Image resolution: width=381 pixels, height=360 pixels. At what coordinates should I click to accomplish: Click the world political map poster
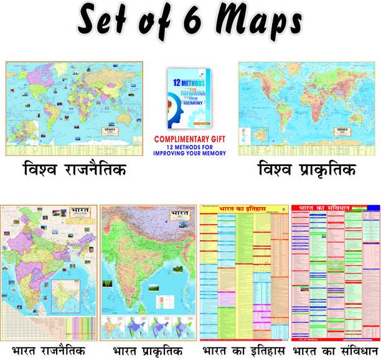coord(74,108)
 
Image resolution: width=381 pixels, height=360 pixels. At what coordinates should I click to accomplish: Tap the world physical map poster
coord(306,108)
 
